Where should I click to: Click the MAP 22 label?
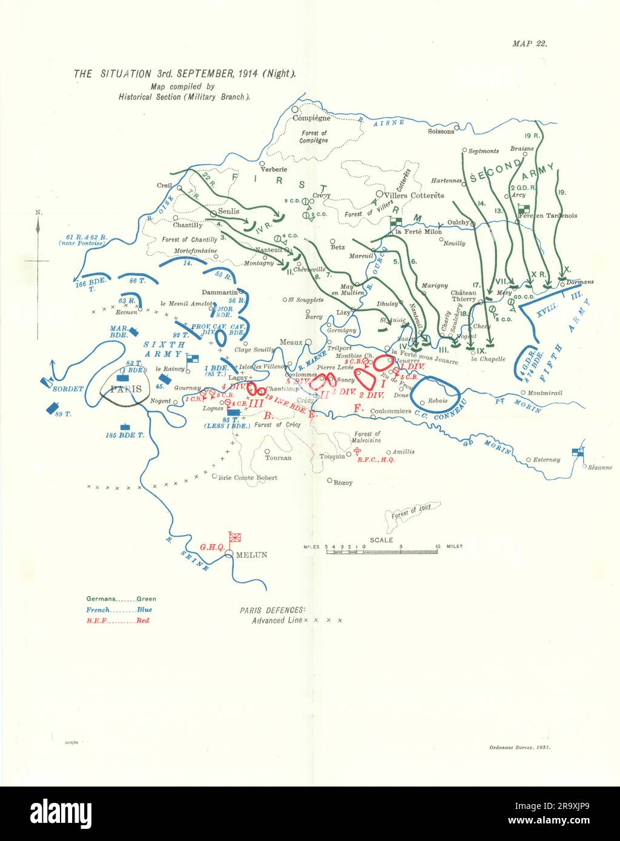[x=529, y=44]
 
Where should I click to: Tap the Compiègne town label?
[x=311, y=119]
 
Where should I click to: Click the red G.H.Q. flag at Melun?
[x=236, y=537]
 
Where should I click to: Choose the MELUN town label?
[x=251, y=555]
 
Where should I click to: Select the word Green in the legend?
[x=147, y=599]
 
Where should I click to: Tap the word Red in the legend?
[x=142, y=620]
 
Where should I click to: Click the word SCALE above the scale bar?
[x=381, y=540]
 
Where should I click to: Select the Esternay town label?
[x=547, y=460]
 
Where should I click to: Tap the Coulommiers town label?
[x=391, y=411]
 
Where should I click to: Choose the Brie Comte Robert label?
[x=248, y=477]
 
